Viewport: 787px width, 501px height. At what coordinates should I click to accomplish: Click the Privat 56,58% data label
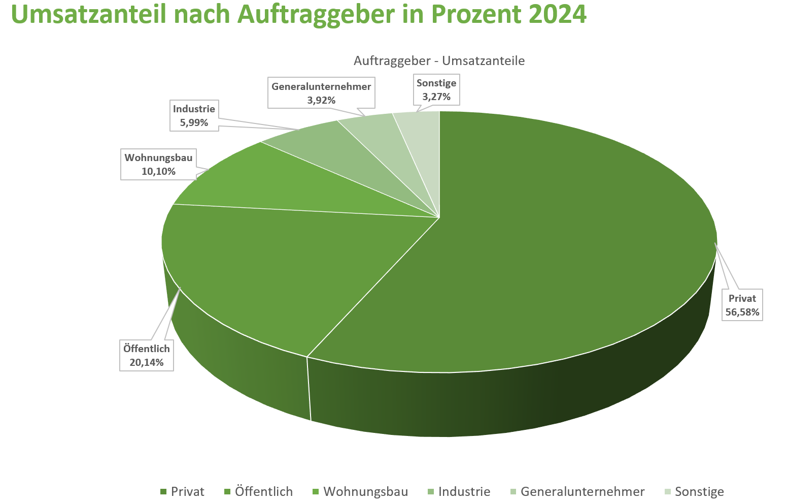pyautogui.click(x=742, y=305)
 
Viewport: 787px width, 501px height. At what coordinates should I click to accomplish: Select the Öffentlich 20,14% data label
pyautogui.click(x=147, y=355)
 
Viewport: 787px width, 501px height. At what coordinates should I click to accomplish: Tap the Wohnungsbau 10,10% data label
pyautogui.click(x=158, y=164)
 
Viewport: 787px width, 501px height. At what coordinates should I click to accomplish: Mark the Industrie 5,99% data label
pyautogui.click(x=194, y=115)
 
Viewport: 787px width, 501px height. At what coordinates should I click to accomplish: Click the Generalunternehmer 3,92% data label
pyautogui.click(x=321, y=93)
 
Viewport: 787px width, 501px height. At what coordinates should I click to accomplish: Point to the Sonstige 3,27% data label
pyautogui.click(x=436, y=89)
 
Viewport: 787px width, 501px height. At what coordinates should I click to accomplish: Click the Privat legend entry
pyautogui.click(x=183, y=492)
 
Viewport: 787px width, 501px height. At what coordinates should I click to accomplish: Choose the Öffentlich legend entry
pyautogui.click(x=259, y=492)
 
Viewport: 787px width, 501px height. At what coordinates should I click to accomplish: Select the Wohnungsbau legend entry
pyautogui.click(x=360, y=492)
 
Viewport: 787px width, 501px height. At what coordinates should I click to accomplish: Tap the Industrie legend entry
pyautogui.click(x=459, y=492)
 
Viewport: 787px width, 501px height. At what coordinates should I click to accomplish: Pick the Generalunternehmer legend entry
pyautogui.click(x=577, y=492)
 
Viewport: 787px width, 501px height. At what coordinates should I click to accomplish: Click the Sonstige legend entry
pyautogui.click(x=694, y=492)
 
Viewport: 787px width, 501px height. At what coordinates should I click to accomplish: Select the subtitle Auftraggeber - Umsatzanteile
pyautogui.click(x=439, y=61)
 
